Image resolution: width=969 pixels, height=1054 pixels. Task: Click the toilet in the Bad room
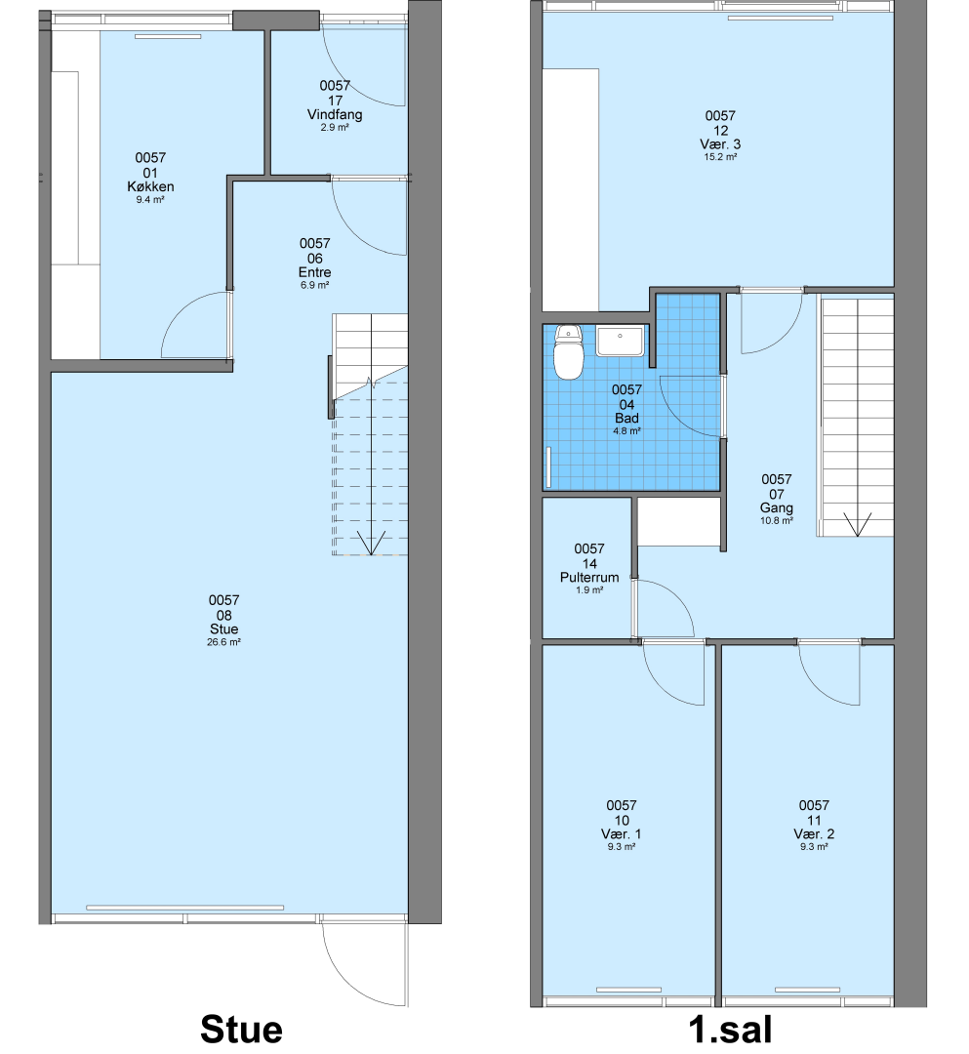click(569, 352)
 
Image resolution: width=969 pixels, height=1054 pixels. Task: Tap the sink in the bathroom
click(620, 341)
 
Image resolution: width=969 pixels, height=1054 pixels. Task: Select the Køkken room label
click(150, 186)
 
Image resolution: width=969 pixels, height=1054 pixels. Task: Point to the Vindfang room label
click(335, 114)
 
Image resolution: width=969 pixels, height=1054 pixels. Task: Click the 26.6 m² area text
click(223, 642)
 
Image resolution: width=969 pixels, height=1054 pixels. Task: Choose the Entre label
click(314, 272)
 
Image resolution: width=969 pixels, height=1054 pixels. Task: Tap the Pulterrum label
click(589, 578)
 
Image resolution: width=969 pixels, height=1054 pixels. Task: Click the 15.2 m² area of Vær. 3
click(720, 157)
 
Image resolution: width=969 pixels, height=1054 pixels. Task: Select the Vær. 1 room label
click(622, 834)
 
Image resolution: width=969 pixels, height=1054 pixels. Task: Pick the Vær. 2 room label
click(814, 834)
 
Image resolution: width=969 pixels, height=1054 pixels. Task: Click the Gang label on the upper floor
click(777, 508)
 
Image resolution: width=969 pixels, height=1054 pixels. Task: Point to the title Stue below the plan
click(241, 1030)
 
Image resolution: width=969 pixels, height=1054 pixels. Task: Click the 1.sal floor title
click(731, 1030)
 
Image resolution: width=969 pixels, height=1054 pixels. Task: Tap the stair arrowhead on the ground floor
click(370, 544)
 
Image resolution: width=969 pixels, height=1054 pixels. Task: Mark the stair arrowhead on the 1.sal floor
click(857, 524)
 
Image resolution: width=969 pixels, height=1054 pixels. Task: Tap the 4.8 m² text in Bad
click(626, 431)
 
